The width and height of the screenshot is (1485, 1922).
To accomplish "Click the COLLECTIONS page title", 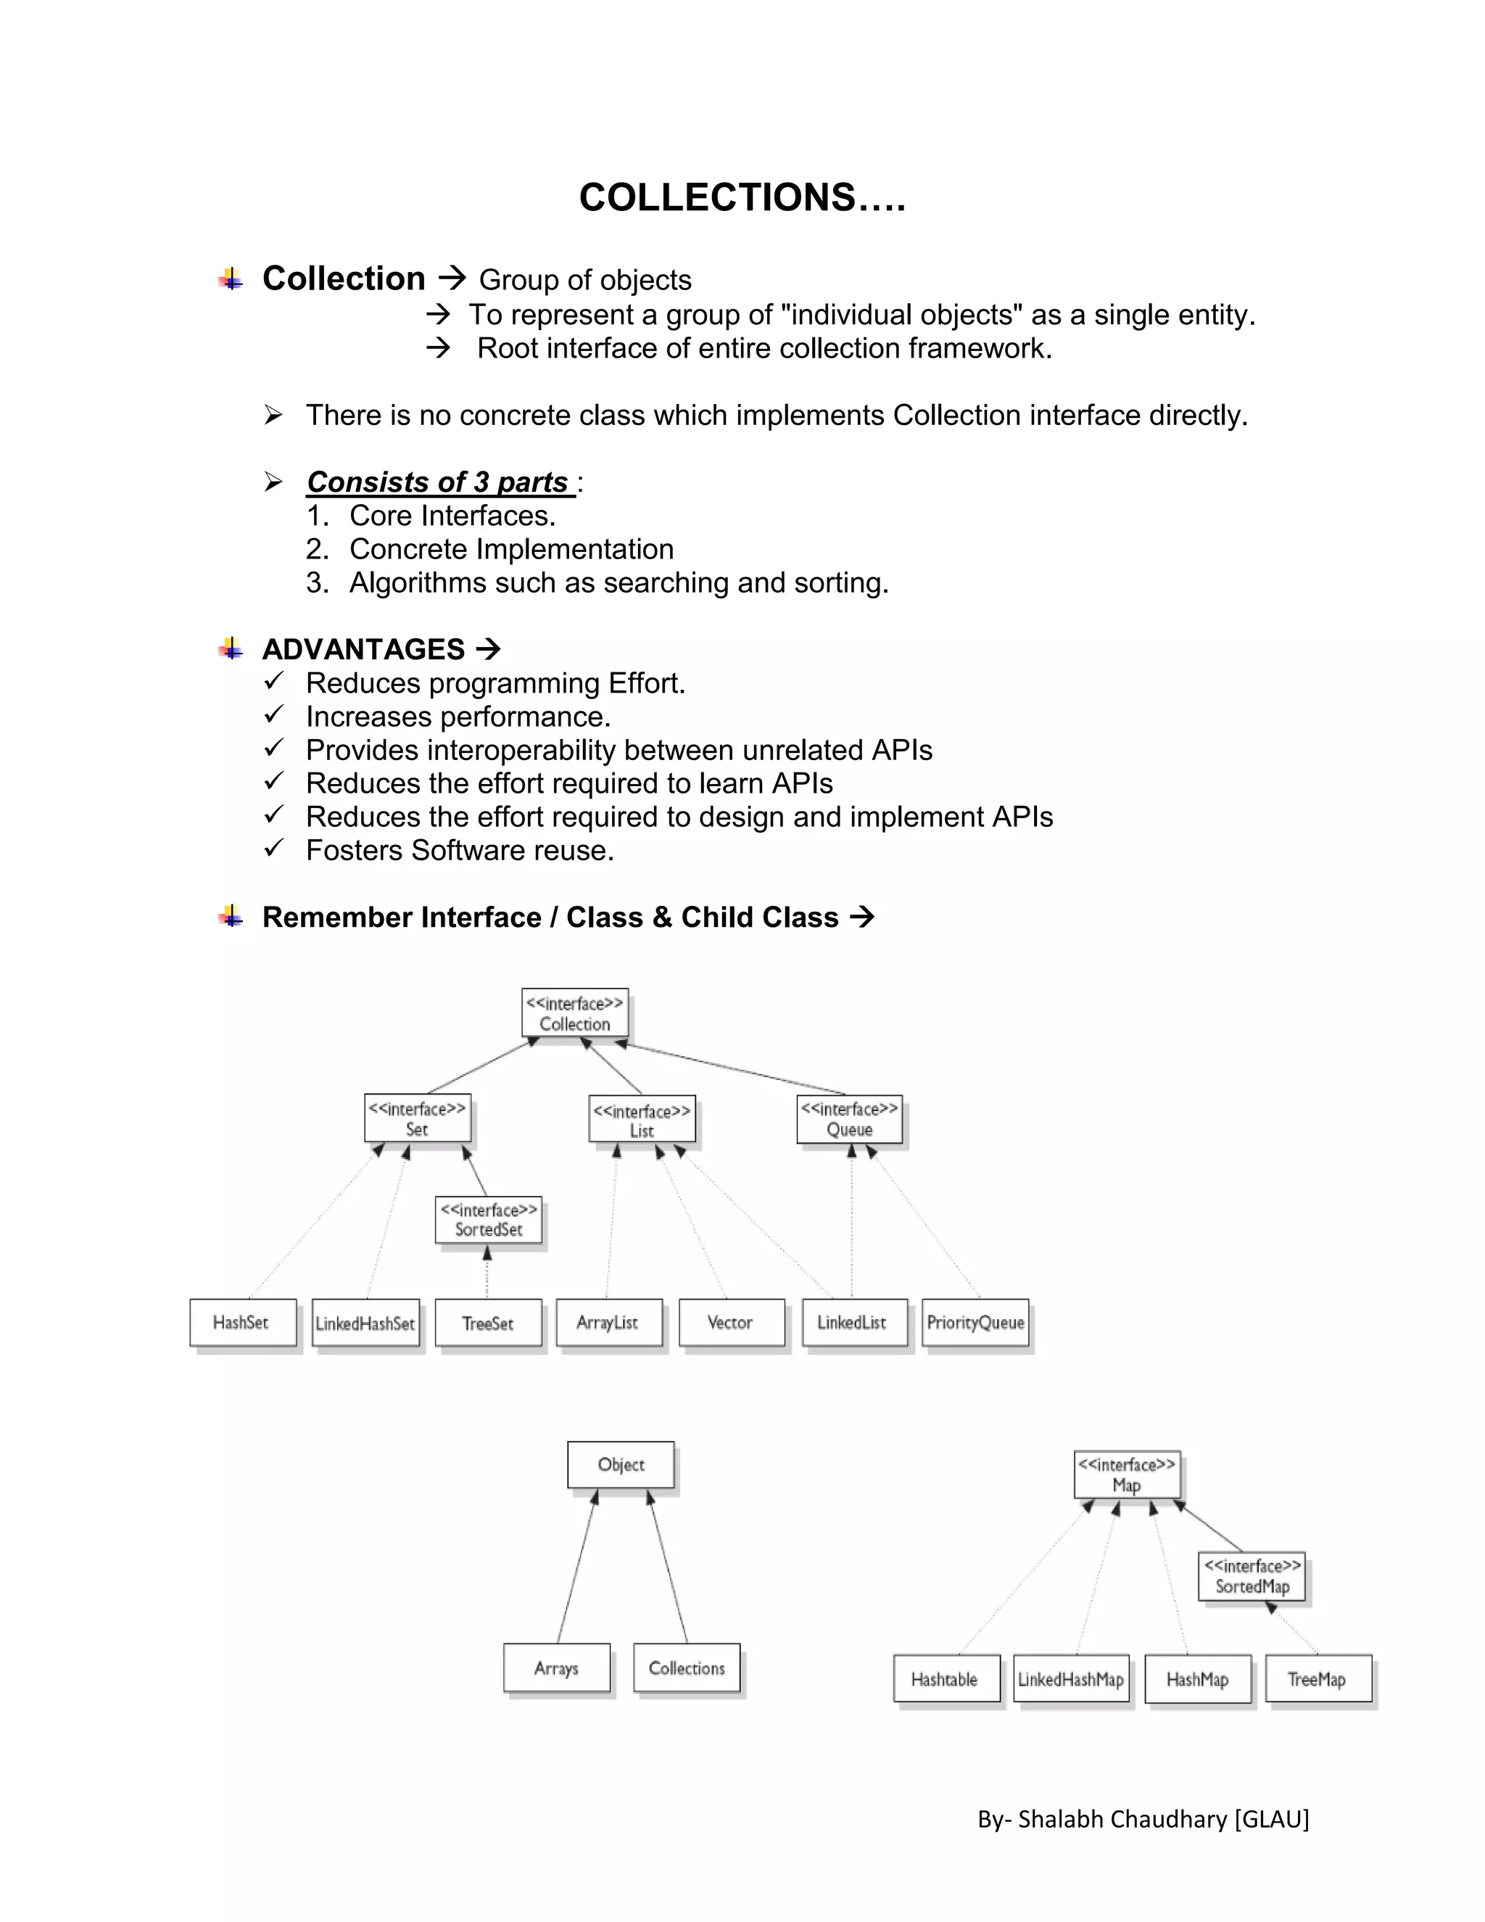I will coord(742,198).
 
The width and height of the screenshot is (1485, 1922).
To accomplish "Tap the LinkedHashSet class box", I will coord(365,1323).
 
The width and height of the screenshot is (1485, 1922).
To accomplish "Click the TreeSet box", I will coord(488,1323).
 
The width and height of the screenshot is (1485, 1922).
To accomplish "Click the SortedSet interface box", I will coord(488,1220).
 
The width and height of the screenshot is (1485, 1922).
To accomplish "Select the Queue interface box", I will coord(849,1119).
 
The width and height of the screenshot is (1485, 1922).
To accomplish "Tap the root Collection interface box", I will coord(574,1013).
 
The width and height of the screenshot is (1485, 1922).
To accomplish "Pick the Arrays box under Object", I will coord(556,1667).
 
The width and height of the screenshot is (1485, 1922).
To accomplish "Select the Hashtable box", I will coord(946,1679).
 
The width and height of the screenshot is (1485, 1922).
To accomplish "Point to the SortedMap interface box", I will coord(1251,1576).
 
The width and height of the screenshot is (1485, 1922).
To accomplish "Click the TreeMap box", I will coord(1317,1679).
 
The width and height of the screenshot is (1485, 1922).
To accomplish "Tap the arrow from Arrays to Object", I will coord(577,1567).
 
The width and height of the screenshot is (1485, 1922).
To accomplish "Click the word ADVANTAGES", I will coord(363,649).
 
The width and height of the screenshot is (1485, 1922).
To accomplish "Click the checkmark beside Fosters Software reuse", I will coord(273,849).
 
